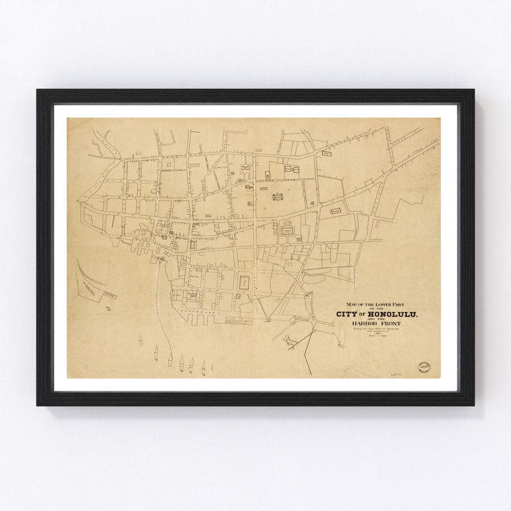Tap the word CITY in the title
[348, 313]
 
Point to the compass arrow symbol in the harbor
[109, 310]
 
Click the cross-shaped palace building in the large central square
[277, 197]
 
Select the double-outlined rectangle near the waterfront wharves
[245, 283]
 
